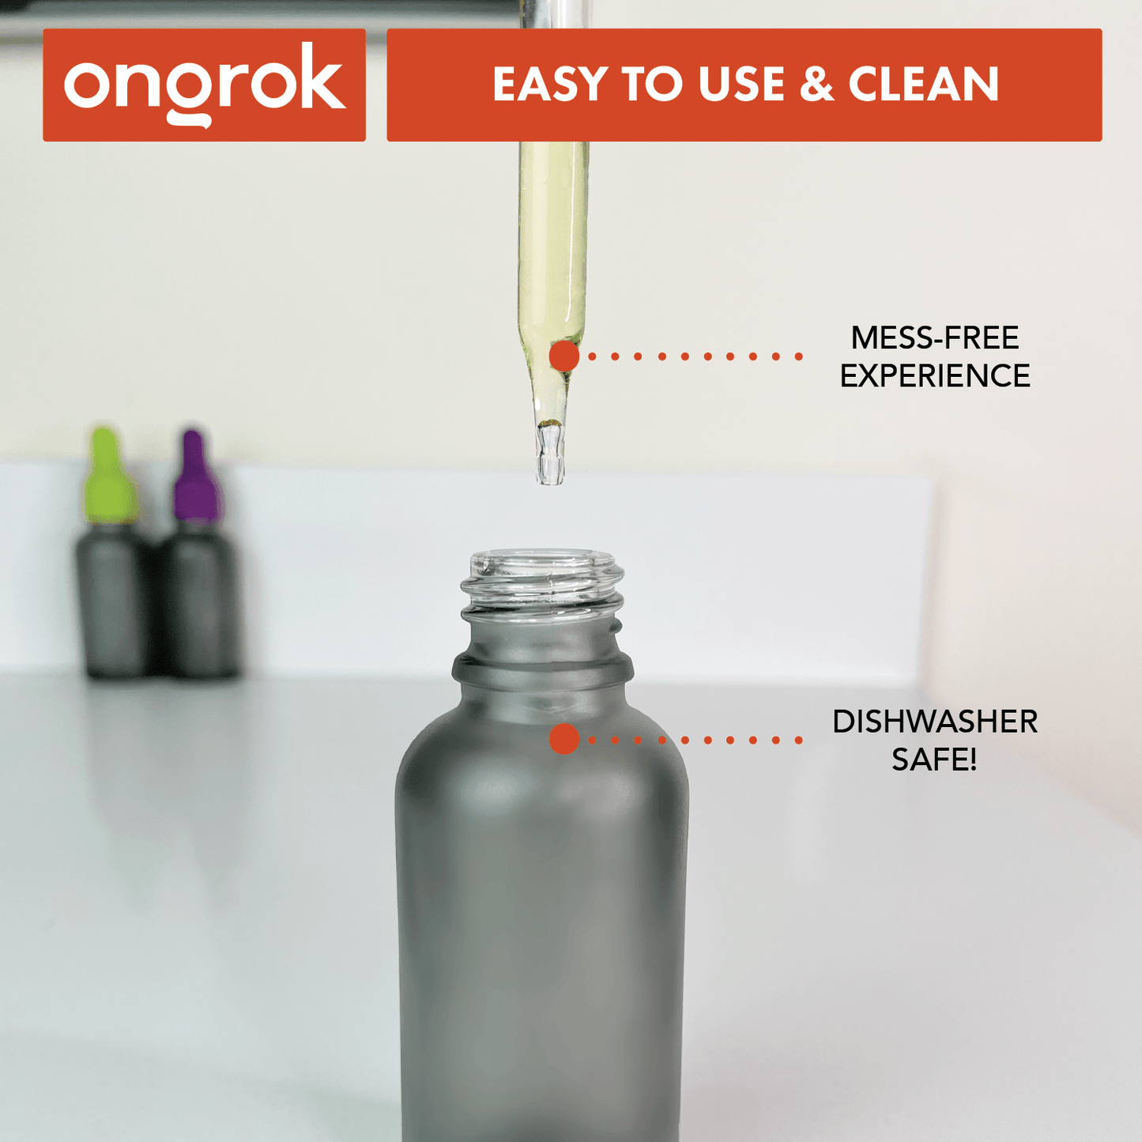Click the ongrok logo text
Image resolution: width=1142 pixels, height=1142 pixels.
point(204,85)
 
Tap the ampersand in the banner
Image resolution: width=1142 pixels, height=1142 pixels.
point(816,85)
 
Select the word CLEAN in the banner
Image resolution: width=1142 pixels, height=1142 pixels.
point(923,85)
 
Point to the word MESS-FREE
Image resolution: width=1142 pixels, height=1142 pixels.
point(934,338)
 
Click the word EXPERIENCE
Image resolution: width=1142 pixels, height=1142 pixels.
point(934,376)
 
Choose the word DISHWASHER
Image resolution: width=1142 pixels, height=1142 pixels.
point(934,722)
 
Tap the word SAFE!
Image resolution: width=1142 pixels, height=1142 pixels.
point(934,759)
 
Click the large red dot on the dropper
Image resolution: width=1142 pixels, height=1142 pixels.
point(564,356)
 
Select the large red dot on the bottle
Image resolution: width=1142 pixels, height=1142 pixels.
point(564,739)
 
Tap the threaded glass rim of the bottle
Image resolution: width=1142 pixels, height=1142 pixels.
point(542,581)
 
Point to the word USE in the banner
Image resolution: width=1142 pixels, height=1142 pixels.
point(741,85)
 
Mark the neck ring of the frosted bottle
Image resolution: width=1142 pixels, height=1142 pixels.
point(542,670)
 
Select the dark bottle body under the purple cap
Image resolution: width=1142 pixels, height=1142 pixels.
point(200,605)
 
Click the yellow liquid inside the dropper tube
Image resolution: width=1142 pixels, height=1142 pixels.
point(552,237)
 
